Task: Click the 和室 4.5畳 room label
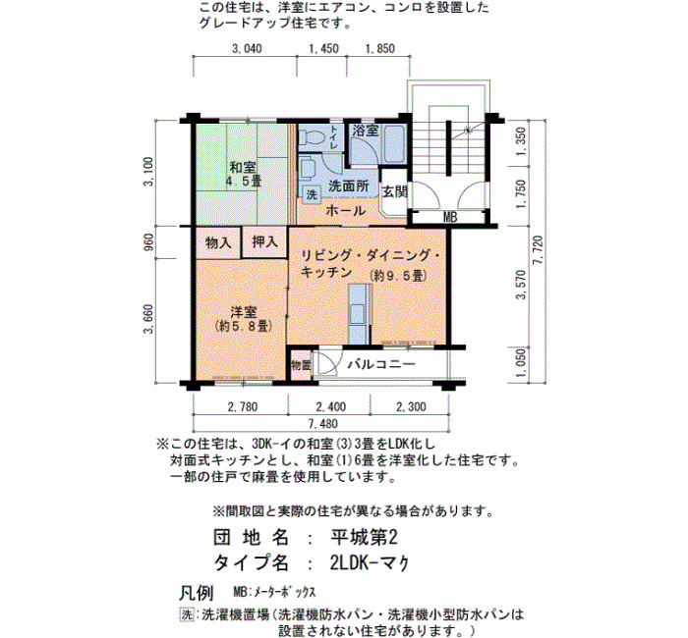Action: (244, 174)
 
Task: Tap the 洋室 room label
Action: (244, 312)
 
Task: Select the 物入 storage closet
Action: (218, 242)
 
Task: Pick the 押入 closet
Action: (264, 241)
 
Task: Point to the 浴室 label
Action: (365, 131)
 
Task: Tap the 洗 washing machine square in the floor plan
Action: (312, 194)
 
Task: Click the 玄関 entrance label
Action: (395, 191)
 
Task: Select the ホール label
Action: (345, 211)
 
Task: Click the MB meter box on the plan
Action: (450, 217)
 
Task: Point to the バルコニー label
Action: (381, 364)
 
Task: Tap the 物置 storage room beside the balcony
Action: (301, 364)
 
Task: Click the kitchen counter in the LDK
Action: (360, 314)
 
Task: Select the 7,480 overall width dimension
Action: (323, 424)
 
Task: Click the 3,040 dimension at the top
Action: (247, 48)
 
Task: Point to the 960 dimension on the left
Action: (148, 242)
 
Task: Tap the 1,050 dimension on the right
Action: (521, 362)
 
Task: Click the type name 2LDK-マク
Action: (370, 562)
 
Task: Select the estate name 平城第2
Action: (365, 537)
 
